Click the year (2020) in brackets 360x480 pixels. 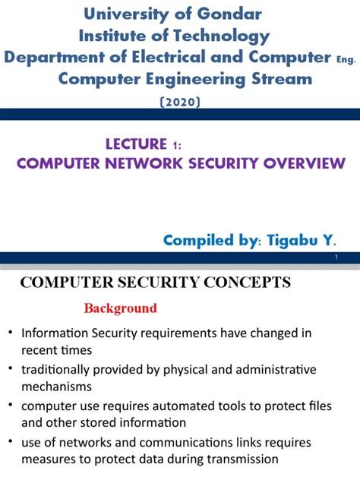pyautogui.click(x=180, y=102)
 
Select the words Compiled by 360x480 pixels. pyautogui.click(x=212, y=241)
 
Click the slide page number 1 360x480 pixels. pyautogui.click(x=336, y=260)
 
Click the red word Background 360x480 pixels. pyautogui.click(x=120, y=308)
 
